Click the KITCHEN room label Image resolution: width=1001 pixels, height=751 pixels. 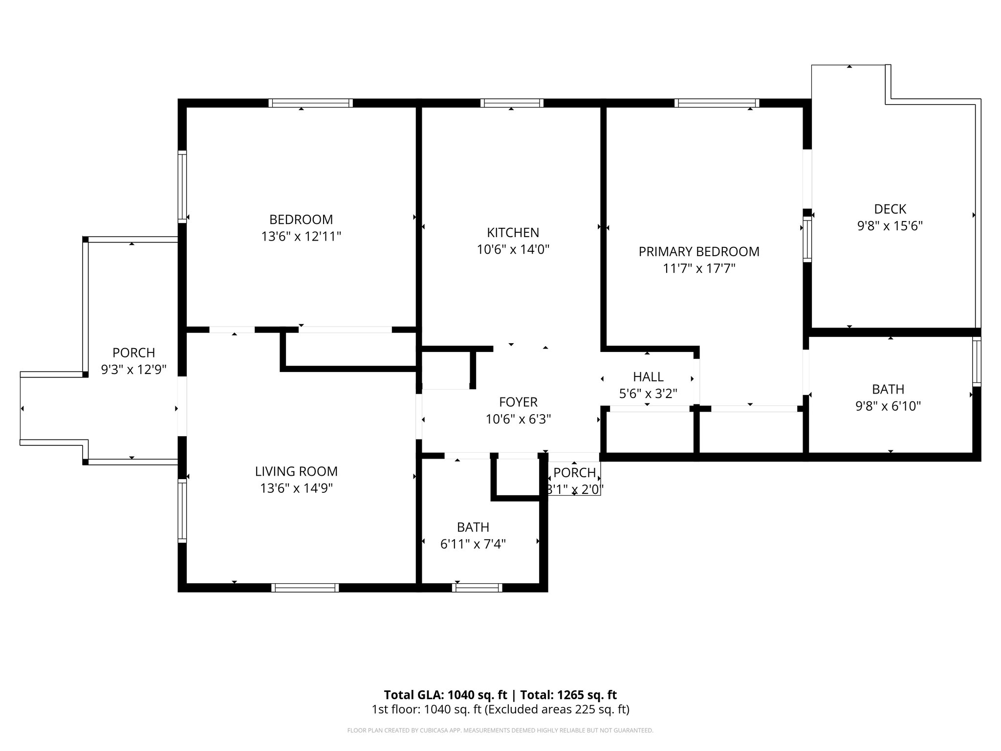pos(513,232)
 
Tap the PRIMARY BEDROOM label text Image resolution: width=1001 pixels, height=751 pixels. pos(698,251)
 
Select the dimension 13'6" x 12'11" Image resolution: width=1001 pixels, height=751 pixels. pos(301,237)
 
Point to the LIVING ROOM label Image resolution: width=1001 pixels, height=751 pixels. pos(296,471)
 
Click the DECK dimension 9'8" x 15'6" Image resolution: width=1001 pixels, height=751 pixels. pos(890,226)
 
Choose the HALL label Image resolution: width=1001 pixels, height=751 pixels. pos(648,376)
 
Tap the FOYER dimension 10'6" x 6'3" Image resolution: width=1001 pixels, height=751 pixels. pos(518,419)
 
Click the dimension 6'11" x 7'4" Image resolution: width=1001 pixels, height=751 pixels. pos(473,544)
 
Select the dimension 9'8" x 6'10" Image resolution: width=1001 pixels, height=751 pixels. pos(888,406)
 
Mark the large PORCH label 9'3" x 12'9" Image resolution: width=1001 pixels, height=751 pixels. pos(133,361)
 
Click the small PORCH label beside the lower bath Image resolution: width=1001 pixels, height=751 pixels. pos(574,473)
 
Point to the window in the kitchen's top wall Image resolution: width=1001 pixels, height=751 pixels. pos(512,103)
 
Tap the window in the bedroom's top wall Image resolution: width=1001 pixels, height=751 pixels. pos(310,103)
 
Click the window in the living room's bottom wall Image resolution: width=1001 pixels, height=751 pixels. pos(305,588)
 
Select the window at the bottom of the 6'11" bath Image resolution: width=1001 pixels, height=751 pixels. pos(477,588)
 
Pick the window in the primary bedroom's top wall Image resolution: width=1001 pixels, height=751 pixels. pos(717,103)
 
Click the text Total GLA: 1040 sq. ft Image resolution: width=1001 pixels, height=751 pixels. pos(445,695)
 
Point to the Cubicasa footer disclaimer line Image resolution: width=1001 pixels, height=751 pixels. pos(500,730)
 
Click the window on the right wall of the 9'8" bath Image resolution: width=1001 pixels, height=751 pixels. pos(976,362)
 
